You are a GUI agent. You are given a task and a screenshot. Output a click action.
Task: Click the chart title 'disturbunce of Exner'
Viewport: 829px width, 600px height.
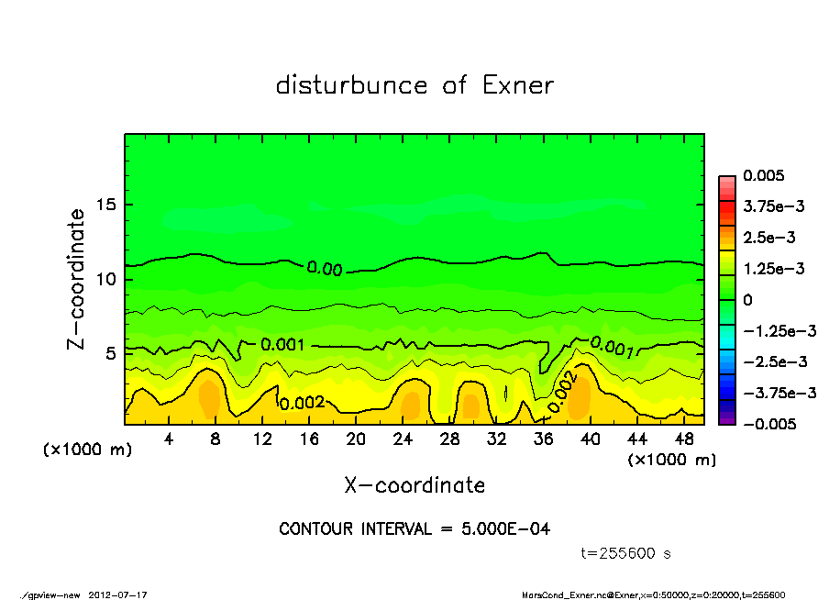[x=414, y=86]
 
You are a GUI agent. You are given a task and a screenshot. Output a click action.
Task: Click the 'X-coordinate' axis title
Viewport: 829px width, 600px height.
[x=414, y=484]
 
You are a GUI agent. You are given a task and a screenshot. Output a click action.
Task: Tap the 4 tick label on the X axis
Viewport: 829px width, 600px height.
[x=169, y=439]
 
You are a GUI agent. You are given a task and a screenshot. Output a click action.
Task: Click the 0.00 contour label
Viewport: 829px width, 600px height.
[x=325, y=269]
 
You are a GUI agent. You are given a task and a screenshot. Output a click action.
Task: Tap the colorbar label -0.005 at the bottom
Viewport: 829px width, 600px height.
[x=768, y=424]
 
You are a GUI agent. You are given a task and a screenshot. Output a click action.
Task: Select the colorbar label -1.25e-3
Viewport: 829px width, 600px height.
[x=775, y=330]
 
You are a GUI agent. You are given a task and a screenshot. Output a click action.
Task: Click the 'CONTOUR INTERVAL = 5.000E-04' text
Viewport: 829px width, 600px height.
[x=414, y=529]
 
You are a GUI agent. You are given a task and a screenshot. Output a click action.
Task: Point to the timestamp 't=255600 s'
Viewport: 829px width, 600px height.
[x=626, y=553]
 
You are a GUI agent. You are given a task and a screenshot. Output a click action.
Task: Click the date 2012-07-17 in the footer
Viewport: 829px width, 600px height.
[x=117, y=594]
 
